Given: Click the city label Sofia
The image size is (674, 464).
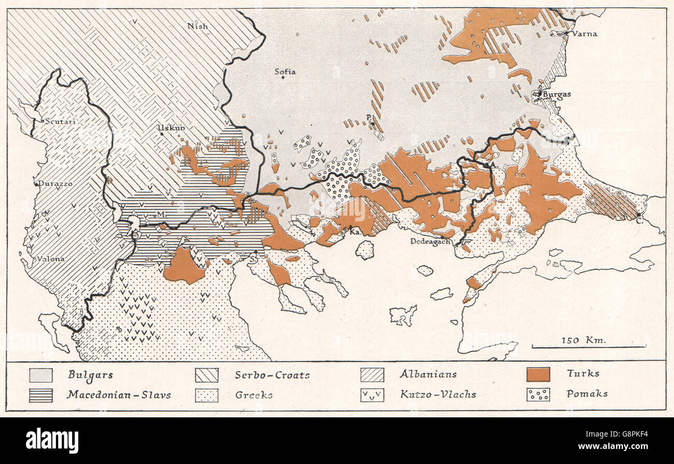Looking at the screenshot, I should coord(285,72).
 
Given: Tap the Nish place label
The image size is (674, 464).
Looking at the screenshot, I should coord(198,26).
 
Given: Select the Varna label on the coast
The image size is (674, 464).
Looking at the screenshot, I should coord(584,34).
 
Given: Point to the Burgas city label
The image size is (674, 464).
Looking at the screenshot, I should coord(557,94).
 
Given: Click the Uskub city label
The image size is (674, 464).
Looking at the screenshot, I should coord(172,128).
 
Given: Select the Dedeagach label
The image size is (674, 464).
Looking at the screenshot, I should coord(430,241).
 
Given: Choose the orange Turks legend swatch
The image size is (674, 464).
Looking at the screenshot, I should coord(538,374).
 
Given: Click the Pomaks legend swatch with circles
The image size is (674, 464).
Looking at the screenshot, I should coord(538,394).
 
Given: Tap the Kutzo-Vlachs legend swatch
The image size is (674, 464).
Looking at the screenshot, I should coord(372,395).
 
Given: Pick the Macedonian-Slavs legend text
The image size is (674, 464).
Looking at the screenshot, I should coord(119,395).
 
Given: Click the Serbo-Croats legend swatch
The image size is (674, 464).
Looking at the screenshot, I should coord(206,375).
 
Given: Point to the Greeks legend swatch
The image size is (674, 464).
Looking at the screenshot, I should coord(206,395).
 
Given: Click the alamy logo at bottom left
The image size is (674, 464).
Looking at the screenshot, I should coord(52,441).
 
